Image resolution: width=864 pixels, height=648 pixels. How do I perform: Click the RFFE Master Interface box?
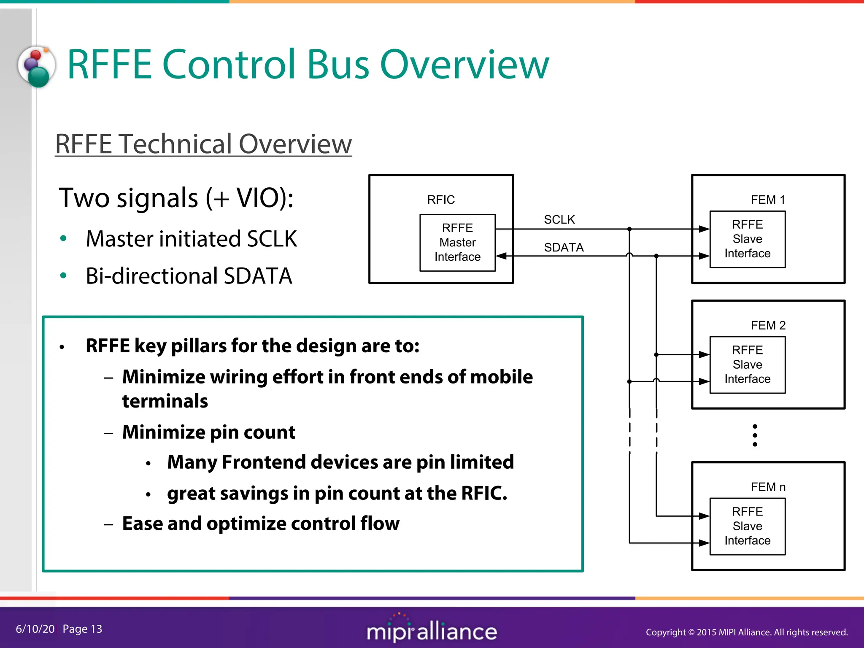click(x=457, y=243)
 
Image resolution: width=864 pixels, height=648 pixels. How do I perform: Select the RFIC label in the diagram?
click(x=441, y=200)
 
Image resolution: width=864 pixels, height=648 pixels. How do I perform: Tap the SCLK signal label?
click(x=559, y=219)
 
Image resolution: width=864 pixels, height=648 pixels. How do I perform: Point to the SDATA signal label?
click(x=564, y=247)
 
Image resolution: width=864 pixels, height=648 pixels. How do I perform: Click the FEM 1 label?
click(x=768, y=200)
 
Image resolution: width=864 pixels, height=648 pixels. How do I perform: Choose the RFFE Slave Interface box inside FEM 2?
click(x=747, y=364)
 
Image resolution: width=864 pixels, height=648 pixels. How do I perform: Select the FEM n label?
click(x=768, y=487)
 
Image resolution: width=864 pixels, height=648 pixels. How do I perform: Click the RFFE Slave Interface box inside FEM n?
click(x=747, y=526)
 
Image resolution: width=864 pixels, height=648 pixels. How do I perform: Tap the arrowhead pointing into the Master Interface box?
click(x=501, y=256)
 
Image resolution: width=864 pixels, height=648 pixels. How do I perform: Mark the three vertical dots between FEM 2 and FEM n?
click(x=755, y=435)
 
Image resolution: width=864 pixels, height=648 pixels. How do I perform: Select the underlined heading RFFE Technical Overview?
click(x=203, y=144)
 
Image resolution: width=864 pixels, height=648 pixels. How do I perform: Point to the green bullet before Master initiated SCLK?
click(x=63, y=239)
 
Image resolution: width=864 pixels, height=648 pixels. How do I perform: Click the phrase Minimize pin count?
click(x=208, y=432)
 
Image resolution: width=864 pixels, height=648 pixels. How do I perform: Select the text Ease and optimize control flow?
click(x=260, y=524)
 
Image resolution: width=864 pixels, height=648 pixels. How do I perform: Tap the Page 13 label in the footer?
click(x=82, y=629)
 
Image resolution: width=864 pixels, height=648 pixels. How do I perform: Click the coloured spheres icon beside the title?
click(x=37, y=66)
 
